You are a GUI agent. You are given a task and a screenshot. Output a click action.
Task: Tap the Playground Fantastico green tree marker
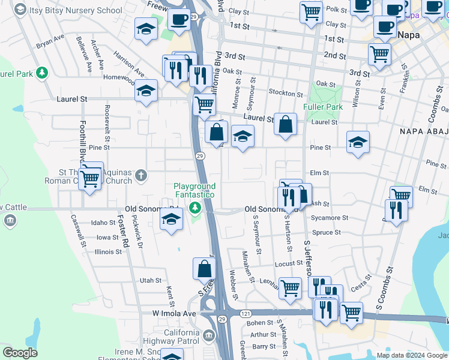(194, 208)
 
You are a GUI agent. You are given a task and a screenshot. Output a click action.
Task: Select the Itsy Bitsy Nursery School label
(76, 10)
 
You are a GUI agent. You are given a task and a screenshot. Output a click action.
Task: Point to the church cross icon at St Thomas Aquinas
(141, 175)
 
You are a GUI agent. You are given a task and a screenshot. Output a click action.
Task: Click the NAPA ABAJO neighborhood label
(422, 130)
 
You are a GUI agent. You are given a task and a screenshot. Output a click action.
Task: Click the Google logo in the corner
(20, 352)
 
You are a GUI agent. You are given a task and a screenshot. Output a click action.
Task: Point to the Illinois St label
(108, 251)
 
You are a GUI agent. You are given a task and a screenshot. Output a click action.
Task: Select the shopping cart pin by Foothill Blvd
(90, 178)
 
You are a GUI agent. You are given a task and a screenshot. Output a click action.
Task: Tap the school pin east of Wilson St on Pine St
(358, 143)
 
